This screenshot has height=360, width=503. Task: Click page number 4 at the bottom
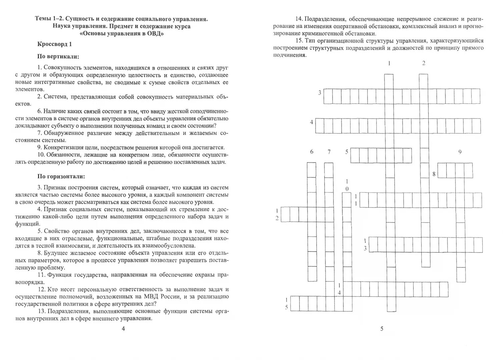pos(123,329)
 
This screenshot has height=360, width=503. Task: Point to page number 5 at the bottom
pos(382,329)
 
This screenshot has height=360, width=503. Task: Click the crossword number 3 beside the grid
pos(320,93)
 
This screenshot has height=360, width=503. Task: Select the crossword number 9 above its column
pos(460,152)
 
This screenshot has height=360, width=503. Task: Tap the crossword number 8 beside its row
pos(434,174)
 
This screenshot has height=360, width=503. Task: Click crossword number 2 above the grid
pos(424,63)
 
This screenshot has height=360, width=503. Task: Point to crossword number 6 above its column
pos(312,152)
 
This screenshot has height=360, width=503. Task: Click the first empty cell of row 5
pos(355,155)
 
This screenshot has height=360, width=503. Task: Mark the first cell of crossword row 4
pos(320,126)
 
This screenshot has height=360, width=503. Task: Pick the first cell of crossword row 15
pos(295,303)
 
